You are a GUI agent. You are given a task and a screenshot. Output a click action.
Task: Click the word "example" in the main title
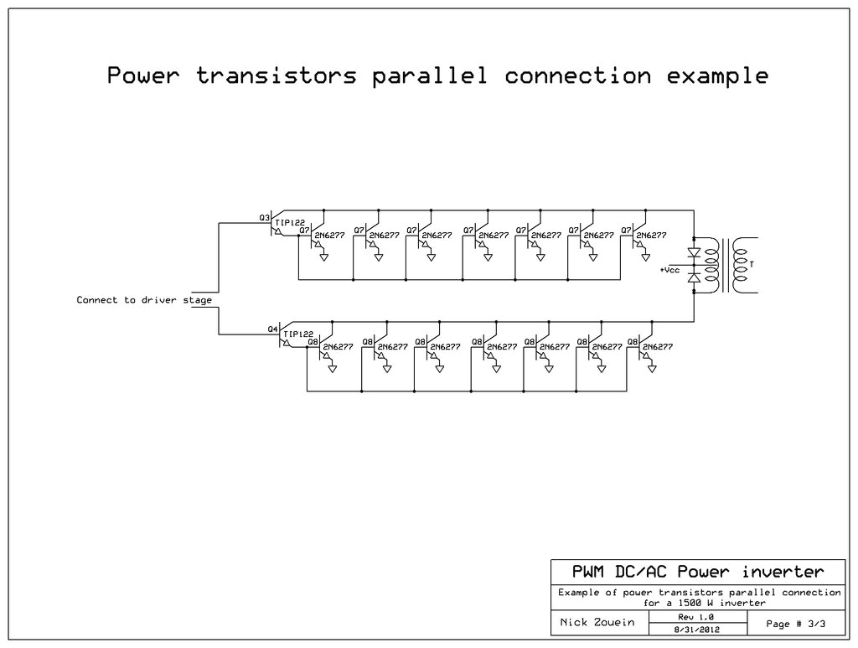point(717,75)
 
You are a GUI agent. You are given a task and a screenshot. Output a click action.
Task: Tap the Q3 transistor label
point(264,217)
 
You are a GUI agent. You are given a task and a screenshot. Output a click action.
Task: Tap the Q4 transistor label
point(272,329)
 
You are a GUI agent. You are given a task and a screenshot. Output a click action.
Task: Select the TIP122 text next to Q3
point(291,222)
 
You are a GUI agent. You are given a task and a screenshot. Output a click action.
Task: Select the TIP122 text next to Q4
point(299,334)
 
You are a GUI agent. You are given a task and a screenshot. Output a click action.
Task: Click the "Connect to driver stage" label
point(144,299)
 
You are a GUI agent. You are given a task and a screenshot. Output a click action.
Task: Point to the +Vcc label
point(669,270)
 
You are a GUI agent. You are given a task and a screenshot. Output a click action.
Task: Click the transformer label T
point(752,265)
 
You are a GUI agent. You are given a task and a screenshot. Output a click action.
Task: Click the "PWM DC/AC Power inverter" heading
point(697,573)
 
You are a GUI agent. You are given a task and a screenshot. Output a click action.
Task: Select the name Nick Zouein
point(596,623)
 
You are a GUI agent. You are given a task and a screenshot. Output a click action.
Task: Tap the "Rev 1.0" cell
point(695,616)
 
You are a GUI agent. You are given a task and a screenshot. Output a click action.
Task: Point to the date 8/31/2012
point(695,629)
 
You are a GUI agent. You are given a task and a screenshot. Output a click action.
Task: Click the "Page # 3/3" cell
point(795,623)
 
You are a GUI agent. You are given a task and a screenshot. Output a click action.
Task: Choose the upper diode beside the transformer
point(694,252)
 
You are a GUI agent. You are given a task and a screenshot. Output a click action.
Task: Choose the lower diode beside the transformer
point(694,277)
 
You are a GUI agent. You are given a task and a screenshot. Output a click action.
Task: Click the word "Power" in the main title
point(143,75)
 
